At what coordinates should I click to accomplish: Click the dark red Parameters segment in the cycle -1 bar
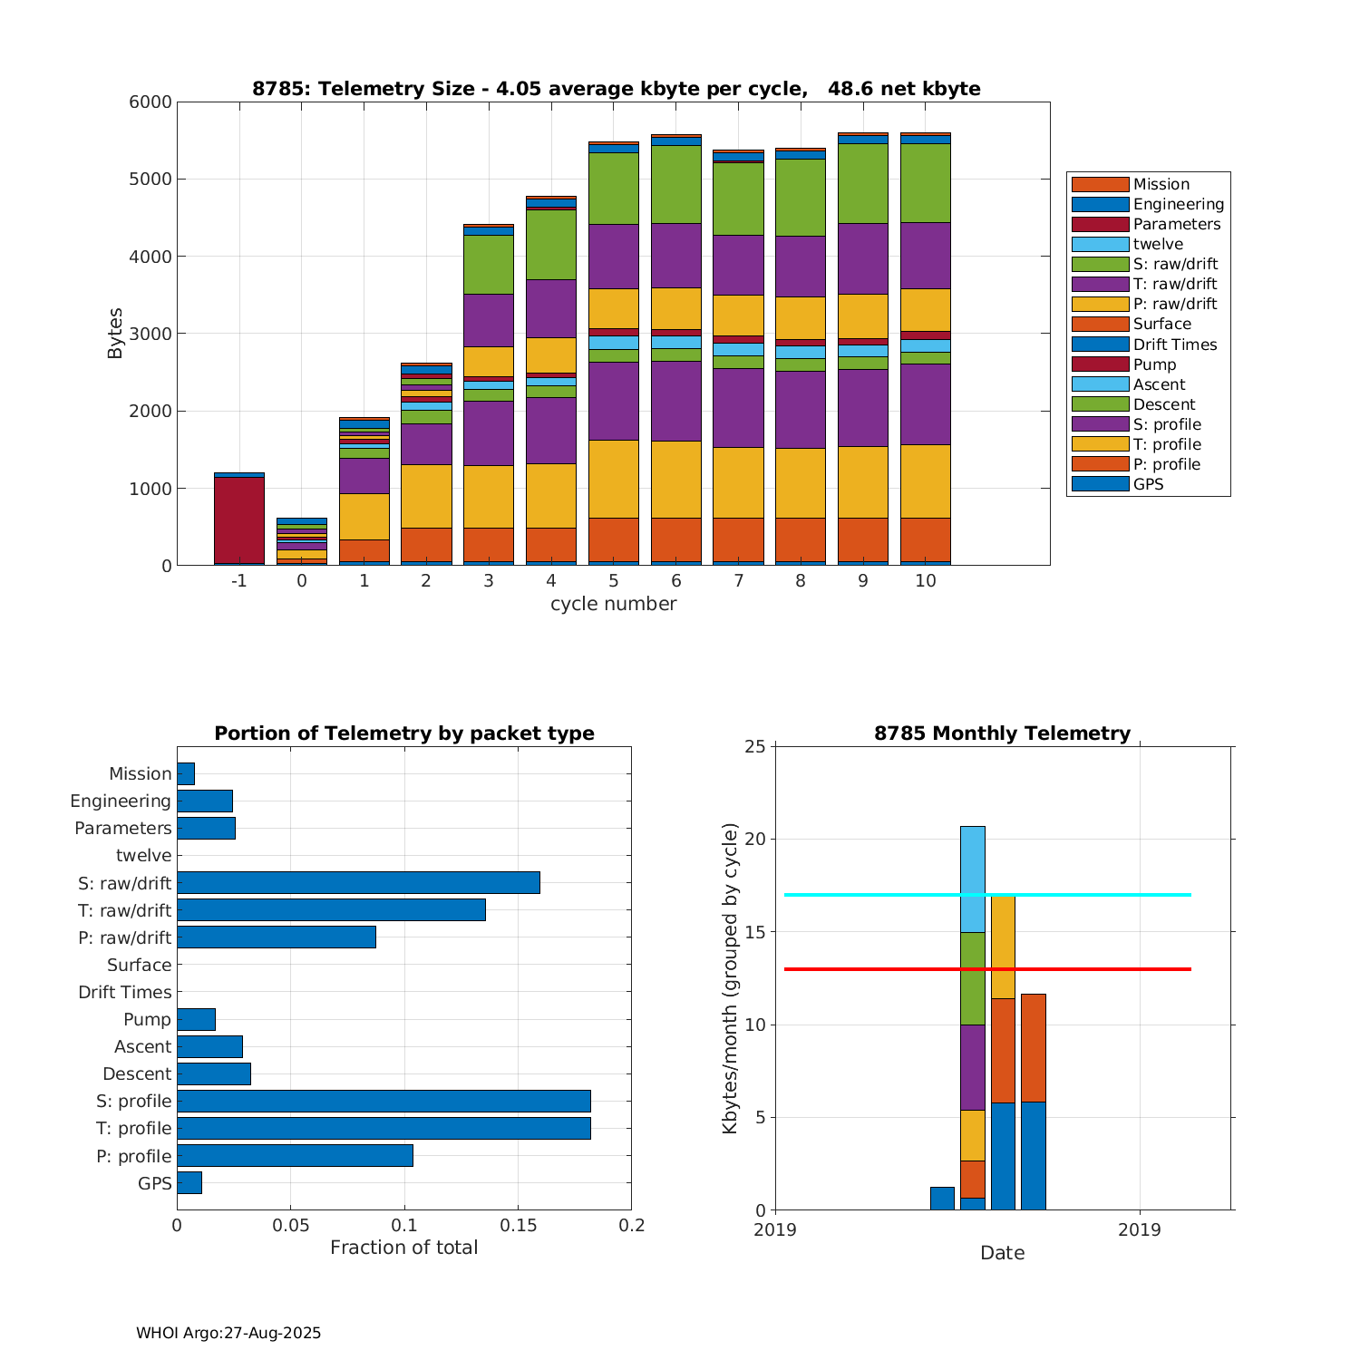click(x=239, y=520)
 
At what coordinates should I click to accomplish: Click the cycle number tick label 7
click(x=738, y=581)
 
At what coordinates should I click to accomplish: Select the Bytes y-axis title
click(x=115, y=334)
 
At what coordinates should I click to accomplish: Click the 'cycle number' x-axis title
click(x=613, y=604)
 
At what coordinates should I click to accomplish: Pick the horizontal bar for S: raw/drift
click(x=358, y=883)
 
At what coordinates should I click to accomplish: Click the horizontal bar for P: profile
click(x=295, y=1156)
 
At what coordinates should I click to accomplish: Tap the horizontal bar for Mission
click(x=186, y=774)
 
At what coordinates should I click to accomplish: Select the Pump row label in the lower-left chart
click(x=147, y=1020)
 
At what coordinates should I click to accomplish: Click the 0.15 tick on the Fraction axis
click(x=518, y=1226)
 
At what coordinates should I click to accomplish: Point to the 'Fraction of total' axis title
click(x=403, y=1248)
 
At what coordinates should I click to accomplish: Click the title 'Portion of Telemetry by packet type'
click(x=403, y=733)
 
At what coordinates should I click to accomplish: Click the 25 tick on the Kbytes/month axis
click(x=756, y=747)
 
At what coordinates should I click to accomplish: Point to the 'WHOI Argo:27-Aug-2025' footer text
click(x=228, y=1334)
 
